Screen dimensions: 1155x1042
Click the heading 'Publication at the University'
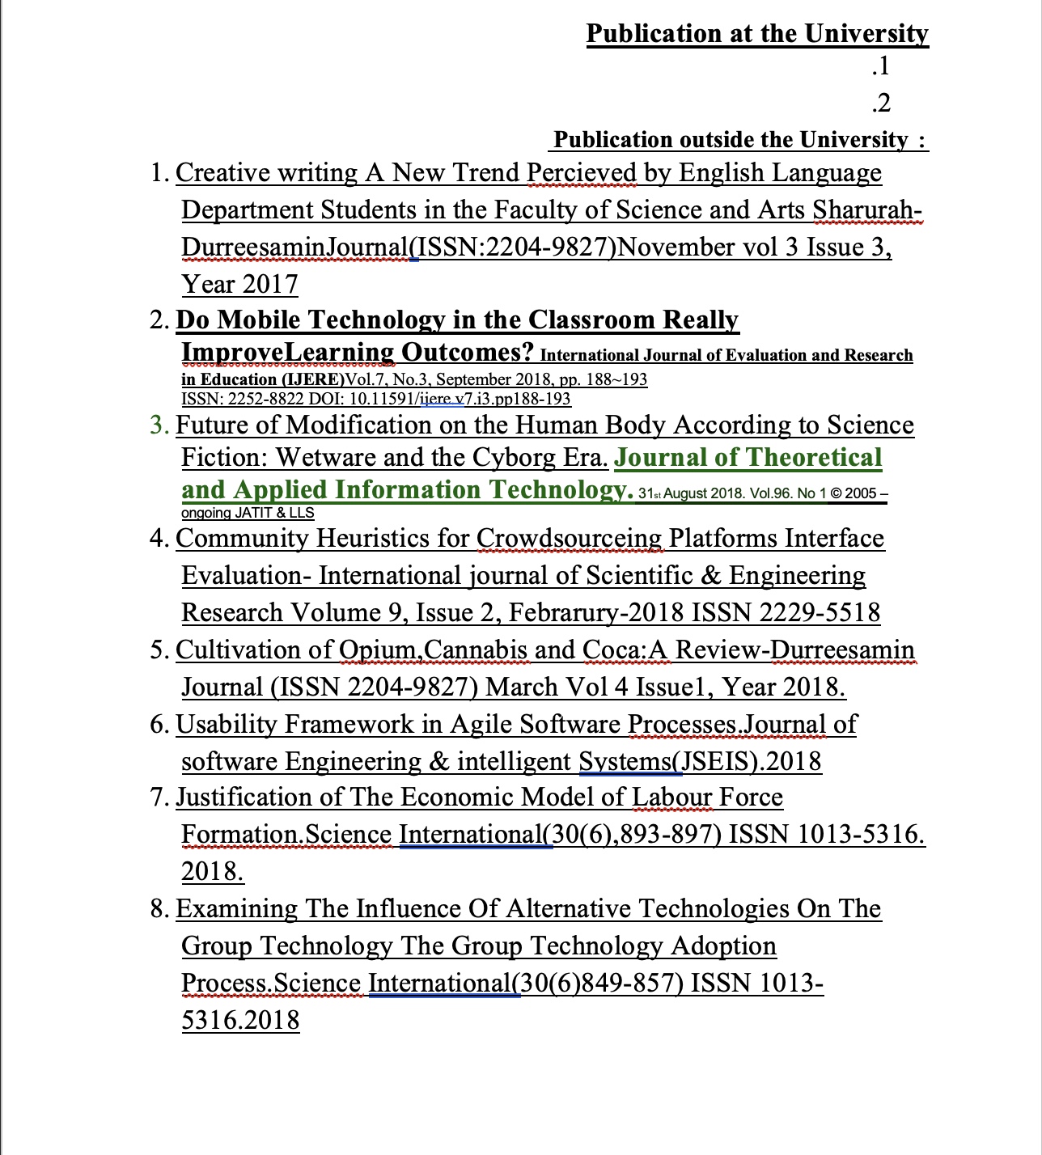[756, 33]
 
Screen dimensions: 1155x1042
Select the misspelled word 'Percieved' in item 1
[582, 173]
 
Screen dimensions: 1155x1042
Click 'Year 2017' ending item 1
[239, 285]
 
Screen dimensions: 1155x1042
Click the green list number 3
[159, 425]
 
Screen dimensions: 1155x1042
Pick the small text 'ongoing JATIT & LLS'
[248, 513]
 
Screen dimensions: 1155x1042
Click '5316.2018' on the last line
[240, 1021]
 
